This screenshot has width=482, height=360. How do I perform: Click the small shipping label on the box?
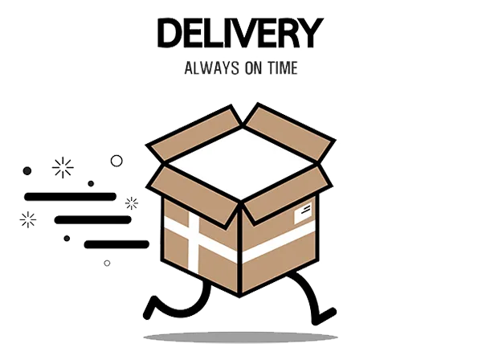pos(303,213)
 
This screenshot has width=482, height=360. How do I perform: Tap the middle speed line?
pos(92,219)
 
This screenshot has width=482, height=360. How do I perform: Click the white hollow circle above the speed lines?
pos(116,161)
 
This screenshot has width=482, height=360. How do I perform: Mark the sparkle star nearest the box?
pos(131,202)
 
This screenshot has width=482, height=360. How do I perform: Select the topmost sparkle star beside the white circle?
pos(63,167)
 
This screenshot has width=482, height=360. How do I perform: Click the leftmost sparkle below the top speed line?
pos(28,219)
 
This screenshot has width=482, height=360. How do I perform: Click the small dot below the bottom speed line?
pos(108,262)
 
